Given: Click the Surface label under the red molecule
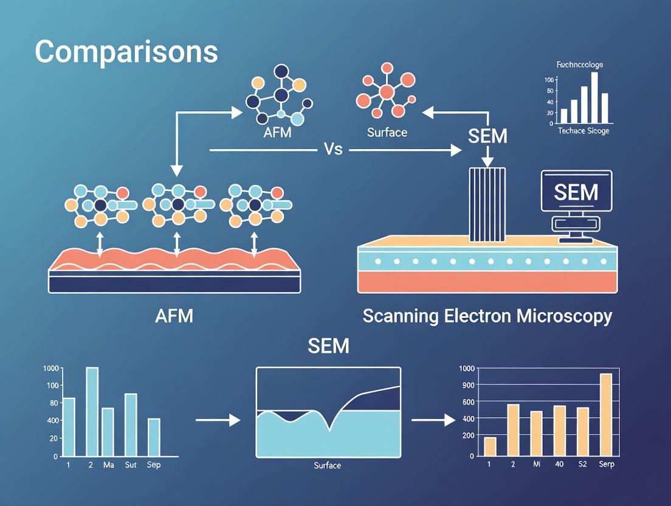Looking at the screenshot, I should pos(387,131).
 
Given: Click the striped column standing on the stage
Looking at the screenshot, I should pos(487,204).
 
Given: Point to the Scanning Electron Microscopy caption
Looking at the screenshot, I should pos(487,316).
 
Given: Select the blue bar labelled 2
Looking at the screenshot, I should pos(92,412).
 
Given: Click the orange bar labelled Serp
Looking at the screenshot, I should pos(605,414).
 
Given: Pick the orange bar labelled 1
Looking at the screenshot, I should pos(490,446).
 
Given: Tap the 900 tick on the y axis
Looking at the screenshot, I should pos(467,385).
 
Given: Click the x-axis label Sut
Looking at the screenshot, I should pos(131,465).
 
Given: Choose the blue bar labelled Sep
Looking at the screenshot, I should pos(154,437).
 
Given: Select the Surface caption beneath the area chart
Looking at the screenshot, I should pos(327,466).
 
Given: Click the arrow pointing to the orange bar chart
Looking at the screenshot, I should pos(433,420).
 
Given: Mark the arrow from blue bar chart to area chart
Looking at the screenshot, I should pos(218,420).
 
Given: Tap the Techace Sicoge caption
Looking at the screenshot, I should pos(583,131).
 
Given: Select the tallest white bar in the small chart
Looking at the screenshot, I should pos(594,98).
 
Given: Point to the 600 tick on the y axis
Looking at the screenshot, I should pos(467,402).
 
